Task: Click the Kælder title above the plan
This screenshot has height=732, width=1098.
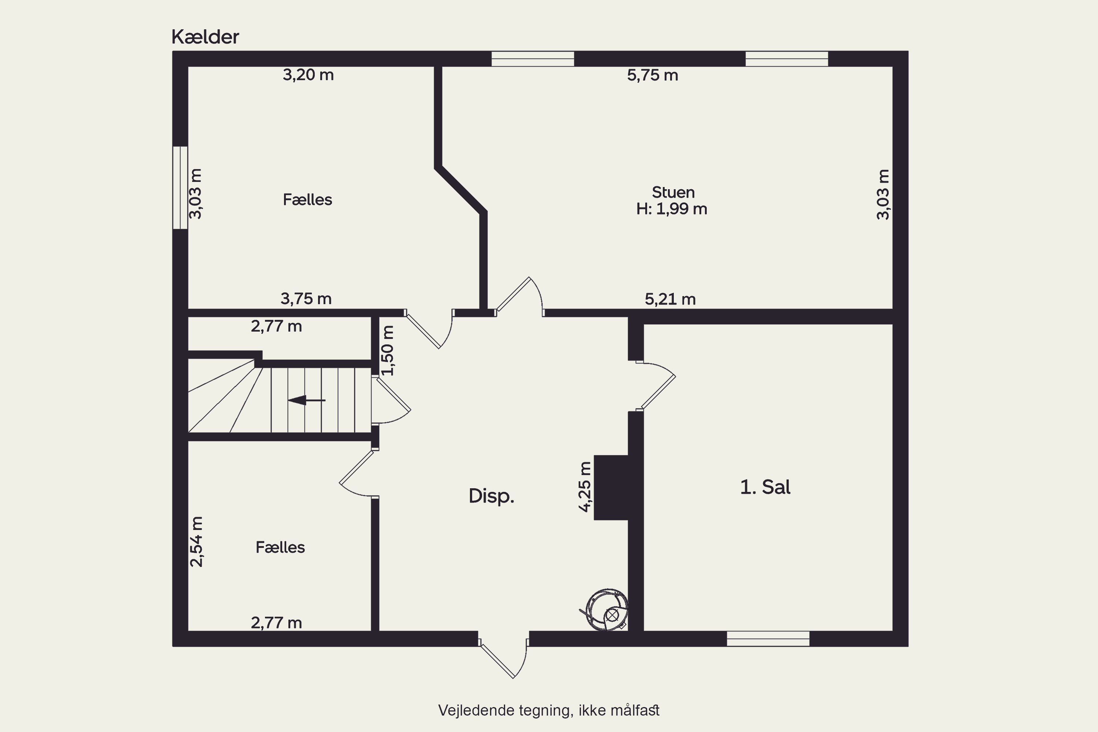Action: click(205, 37)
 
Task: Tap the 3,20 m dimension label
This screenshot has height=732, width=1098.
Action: click(308, 75)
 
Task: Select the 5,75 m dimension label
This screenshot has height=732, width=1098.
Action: click(652, 75)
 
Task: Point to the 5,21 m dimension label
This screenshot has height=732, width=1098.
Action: click(670, 299)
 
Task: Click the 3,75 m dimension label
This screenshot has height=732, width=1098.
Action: click(306, 299)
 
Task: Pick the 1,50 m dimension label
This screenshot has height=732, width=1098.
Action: click(388, 351)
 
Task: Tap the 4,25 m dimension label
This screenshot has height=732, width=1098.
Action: click(585, 487)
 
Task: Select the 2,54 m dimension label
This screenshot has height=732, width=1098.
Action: click(197, 542)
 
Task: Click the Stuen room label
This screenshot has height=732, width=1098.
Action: click(673, 193)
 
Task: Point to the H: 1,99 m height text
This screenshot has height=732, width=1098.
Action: click(672, 209)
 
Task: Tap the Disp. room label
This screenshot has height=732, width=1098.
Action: click(491, 496)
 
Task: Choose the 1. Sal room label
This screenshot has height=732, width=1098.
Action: click(765, 487)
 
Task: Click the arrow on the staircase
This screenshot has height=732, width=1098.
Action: click(306, 400)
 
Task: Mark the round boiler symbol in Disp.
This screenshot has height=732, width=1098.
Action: click(605, 610)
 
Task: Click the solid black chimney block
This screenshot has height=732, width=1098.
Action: click(610, 488)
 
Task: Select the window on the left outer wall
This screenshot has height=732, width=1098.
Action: click(180, 188)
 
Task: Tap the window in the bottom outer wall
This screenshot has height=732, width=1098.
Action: click(768, 639)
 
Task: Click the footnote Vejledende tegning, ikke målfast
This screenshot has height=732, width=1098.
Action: click(549, 710)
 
